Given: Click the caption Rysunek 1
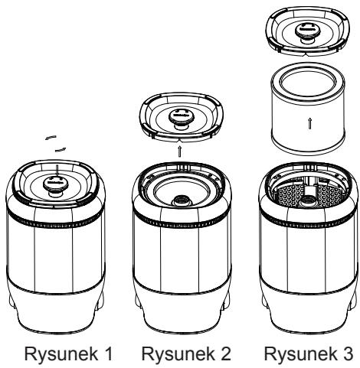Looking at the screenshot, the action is click(x=68, y=353).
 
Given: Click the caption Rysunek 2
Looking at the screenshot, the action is click(x=186, y=353).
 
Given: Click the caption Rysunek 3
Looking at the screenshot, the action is click(x=309, y=353).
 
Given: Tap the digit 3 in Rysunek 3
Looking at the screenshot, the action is click(x=348, y=353).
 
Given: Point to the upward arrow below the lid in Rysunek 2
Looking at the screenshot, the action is click(x=180, y=151).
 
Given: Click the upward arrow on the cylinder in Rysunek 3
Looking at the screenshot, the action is click(x=309, y=124).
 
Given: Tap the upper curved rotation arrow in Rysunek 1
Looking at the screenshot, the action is click(x=51, y=138).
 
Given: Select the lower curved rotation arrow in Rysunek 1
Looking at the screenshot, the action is click(x=61, y=150).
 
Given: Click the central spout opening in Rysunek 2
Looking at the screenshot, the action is click(x=182, y=201).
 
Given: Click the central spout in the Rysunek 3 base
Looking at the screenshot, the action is click(x=309, y=200).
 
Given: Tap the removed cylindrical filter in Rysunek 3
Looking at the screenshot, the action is click(x=308, y=109).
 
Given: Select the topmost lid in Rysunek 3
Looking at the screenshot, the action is click(x=308, y=31).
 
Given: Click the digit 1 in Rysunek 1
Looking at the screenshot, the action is click(x=108, y=353).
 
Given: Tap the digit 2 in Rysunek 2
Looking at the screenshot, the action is click(x=225, y=353).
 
